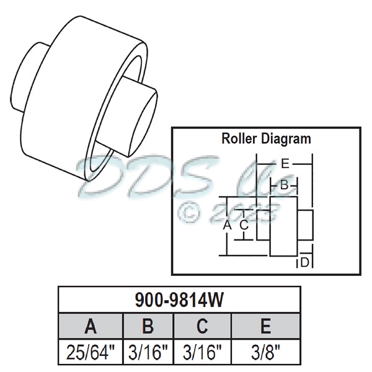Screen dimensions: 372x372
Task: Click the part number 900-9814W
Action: pyautogui.click(x=179, y=300)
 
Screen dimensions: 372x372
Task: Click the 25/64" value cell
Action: pyautogui.click(x=91, y=353)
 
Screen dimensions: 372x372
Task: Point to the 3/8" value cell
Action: pyautogui.click(x=265, y=353)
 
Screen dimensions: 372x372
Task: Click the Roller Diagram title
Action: pyautogui.click(x=266, y=138)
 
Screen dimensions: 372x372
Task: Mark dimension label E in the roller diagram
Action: pyautogui.click(x=285, y=164)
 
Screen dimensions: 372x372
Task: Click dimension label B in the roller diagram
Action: pyautogui.click(x=283, y=185)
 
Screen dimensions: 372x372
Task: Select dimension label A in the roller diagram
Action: pyautogui.click(x=227, y=226)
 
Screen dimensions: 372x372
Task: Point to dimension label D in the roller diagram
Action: pyautogui.click(x=304, y=263)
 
